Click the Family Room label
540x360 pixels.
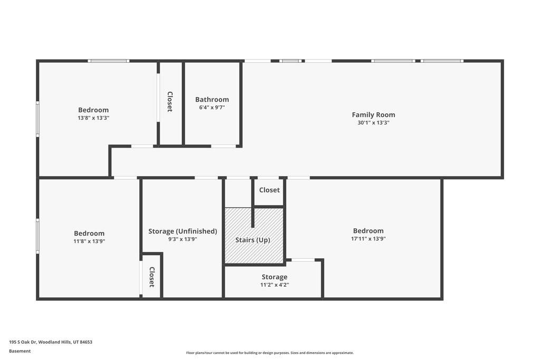click(x=373, y=115)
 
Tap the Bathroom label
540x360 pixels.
click(x=212, y=100)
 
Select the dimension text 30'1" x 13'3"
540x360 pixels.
click(x=373, y=122)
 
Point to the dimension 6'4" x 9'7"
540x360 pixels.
click(x=212, y=108)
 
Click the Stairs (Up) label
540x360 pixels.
click(x=253, y=240)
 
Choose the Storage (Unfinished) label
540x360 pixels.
click(x=182, y=231)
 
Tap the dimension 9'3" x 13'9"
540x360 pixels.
click(x=182, y=239)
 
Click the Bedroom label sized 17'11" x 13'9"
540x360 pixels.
click(x=368, y=231)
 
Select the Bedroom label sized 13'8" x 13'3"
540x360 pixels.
click(x=93, y=110)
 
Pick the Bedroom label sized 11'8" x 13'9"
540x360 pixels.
click(x=89, y=233)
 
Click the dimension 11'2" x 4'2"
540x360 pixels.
click(x=274, y=285)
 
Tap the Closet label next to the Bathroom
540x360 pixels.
click(x=170, y=102)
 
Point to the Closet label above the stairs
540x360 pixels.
click(x=269, y=190)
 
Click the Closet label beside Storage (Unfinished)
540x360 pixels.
click(x=152, y=277)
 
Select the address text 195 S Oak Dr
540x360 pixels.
click(x=23, y=342)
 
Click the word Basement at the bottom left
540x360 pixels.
click(x=20, y=351)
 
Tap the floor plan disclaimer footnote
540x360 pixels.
click(x=270, y=353)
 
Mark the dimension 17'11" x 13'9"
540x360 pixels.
click(x=368, y=239)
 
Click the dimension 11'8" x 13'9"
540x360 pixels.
click(x=89, y=241)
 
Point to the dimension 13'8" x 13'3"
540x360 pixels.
click(x=93, y=118)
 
